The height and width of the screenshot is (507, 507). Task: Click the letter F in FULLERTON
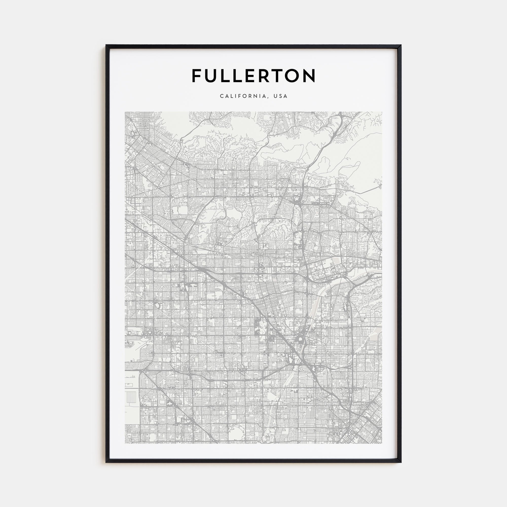[197, 76]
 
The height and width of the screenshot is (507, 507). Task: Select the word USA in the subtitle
[281, 96]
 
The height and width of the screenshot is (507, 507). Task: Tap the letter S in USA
[281, 96]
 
